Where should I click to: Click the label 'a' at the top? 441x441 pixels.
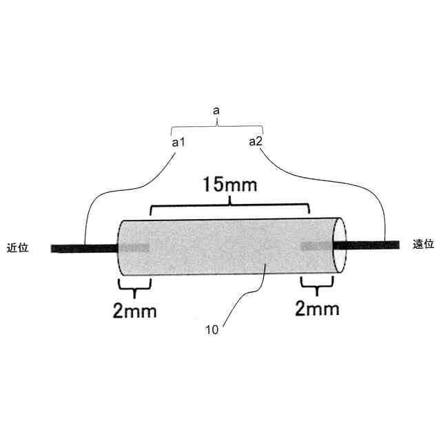pos(216,111)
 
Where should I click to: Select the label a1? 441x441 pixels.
pos(178,143)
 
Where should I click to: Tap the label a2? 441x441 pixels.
pos(256,141)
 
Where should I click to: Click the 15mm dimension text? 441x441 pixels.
pos(229,185)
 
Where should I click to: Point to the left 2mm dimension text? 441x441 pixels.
pos(134,311)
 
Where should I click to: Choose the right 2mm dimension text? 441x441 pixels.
pos(317,309)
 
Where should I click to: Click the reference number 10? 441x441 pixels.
pos(212,330)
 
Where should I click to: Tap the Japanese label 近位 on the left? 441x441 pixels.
pos(17,248)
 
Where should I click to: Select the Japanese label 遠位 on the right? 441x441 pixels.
pos(423,244)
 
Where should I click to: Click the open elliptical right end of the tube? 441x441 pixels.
pos(340,245)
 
